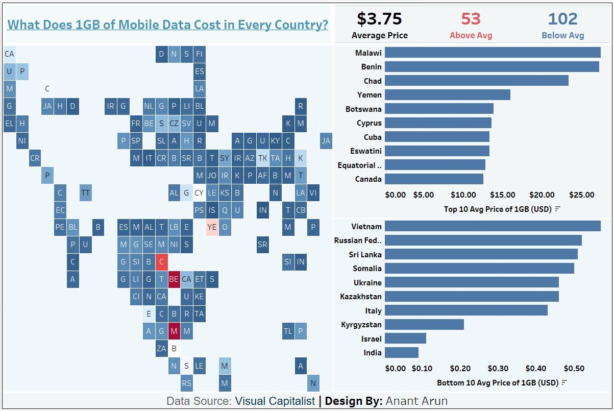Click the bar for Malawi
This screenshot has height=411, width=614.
(x=492, y=53)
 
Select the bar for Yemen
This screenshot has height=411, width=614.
(x=447, y=94)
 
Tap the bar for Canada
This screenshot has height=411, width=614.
(x=434, y=179)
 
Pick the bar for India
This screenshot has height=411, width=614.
(x=401, y=352)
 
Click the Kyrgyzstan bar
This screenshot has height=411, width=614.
(x=424, y=324)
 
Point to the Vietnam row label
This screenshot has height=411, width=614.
(x=366, y=226)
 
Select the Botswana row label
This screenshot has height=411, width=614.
(x=363, y=109)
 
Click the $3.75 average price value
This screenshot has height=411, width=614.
(x=379, y=19)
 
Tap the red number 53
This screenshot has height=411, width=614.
(x=471, y=19)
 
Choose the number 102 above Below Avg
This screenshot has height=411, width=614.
(x=562, y=19)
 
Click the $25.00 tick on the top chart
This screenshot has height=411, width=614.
(x=582, y=195)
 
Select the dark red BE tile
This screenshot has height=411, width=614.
(x=174, y=279)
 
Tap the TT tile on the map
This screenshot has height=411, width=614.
(x=85, y=192)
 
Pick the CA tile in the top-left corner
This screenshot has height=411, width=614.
(x=9, y=54)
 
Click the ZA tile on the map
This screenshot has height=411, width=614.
(x=161, y=349)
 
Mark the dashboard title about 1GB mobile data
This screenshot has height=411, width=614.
(x=167, y=25)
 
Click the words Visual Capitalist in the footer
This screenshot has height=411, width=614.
(x=275, y=401)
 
